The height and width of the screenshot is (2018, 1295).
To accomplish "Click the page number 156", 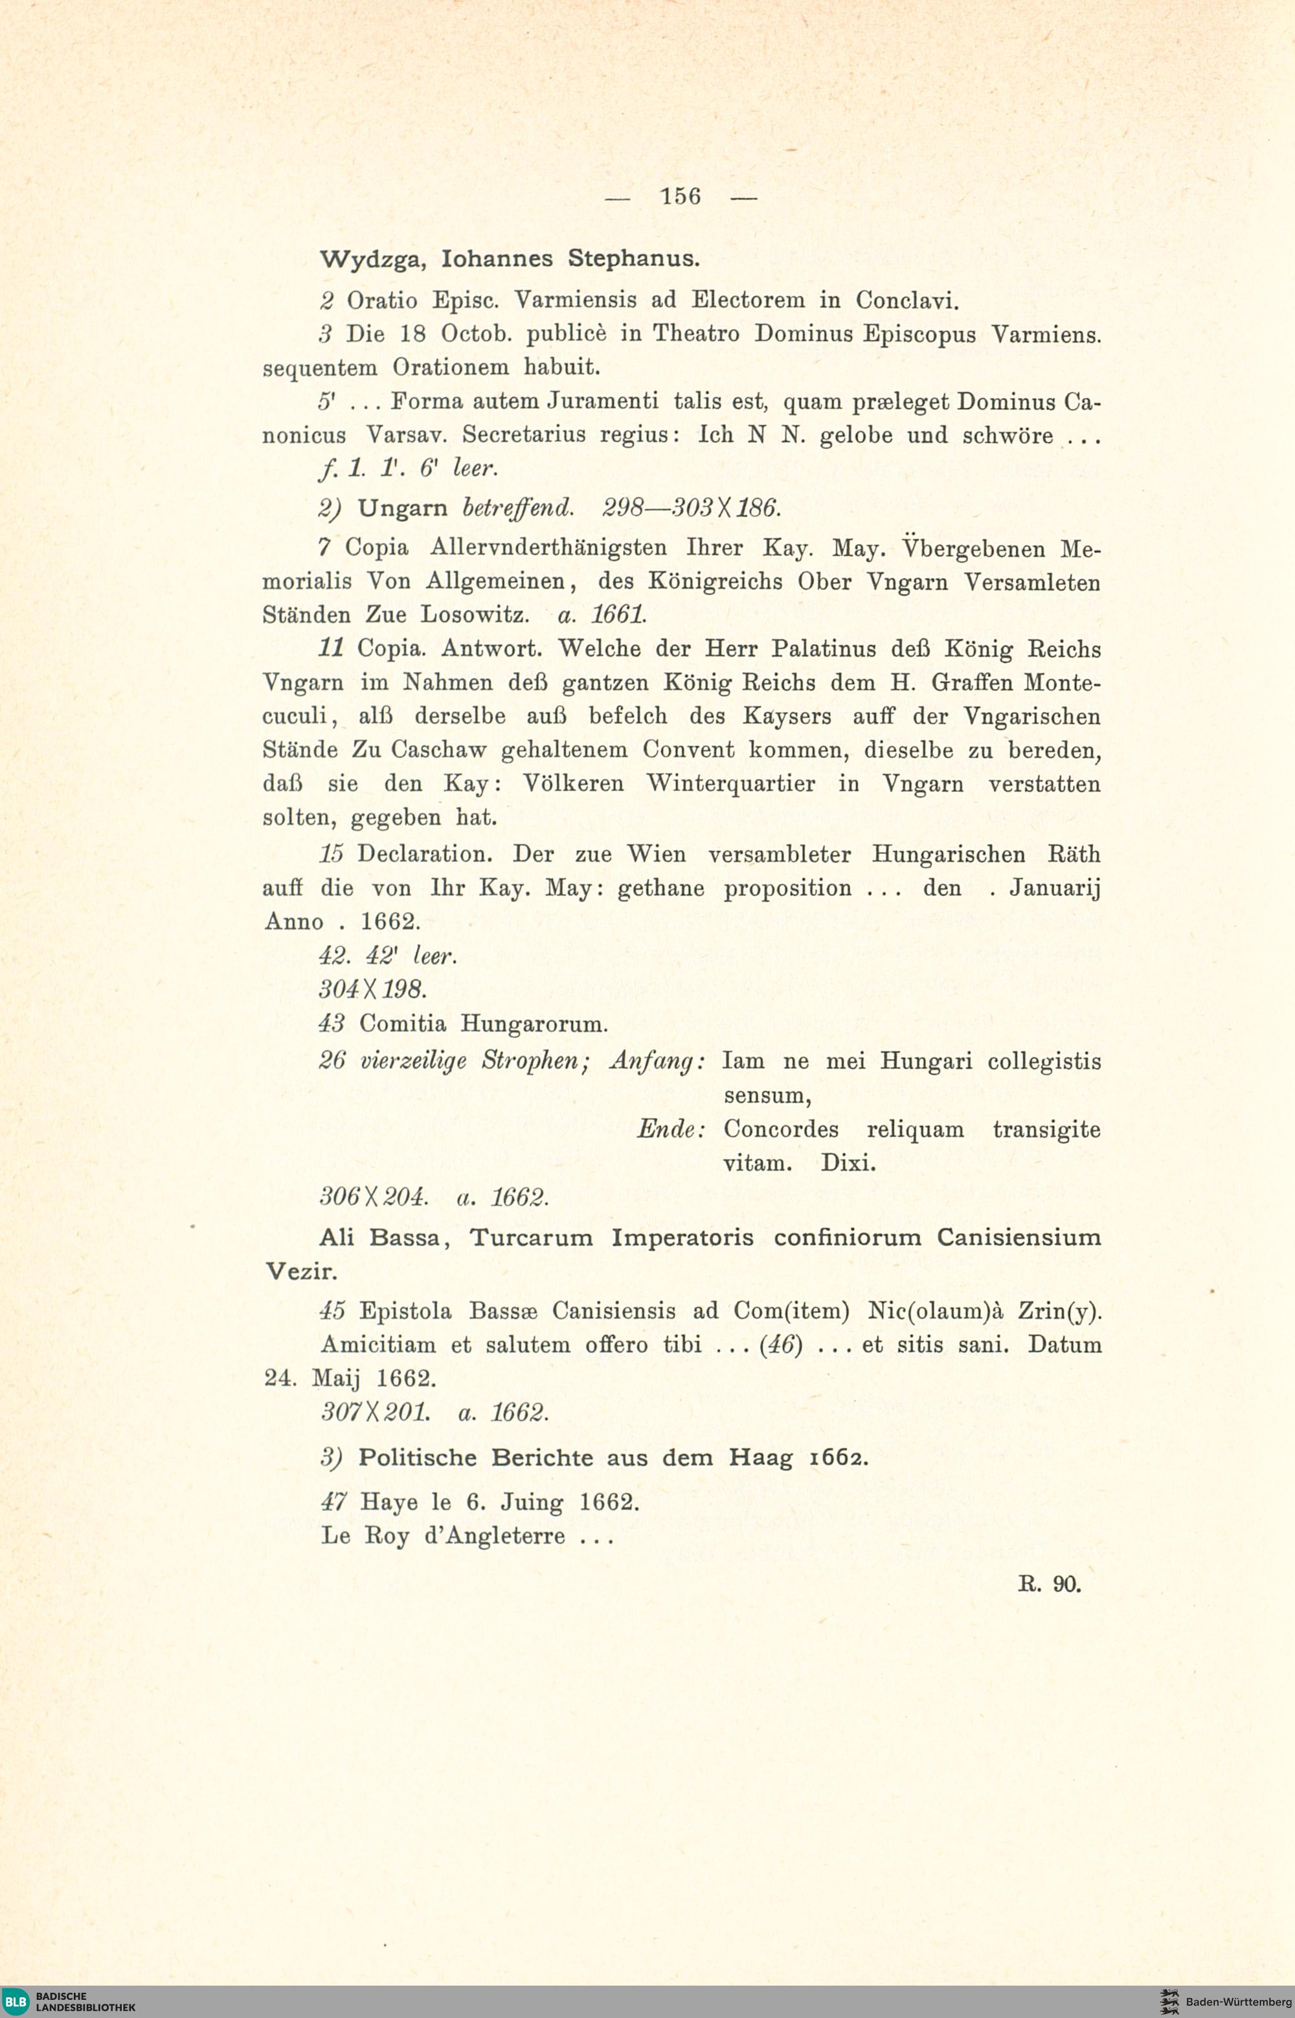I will coord(681,197).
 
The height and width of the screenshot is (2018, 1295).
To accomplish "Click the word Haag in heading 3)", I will coord(761,1458).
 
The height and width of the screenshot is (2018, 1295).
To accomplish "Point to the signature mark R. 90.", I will coord(1048,1584).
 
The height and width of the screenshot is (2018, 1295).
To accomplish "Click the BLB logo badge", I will coord(15,2001).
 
